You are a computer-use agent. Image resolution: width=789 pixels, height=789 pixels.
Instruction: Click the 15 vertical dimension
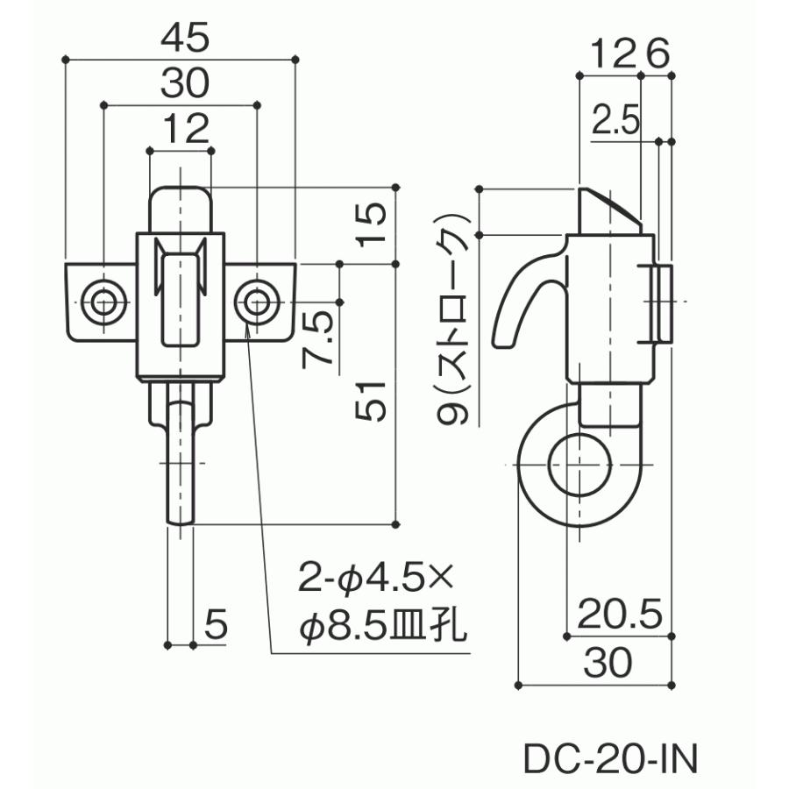click(x=372, y=224)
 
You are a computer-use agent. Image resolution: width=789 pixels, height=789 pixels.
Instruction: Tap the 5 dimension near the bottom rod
click(x=217, y=625)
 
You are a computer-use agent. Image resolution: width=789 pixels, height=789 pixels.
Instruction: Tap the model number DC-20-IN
click(x=610, y=759)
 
